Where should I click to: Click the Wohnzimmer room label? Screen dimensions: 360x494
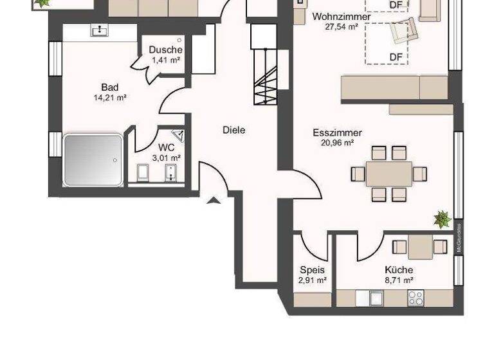[341, 17]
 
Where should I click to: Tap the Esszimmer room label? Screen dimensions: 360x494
[337, 133]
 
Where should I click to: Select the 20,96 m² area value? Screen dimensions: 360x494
[337, 143]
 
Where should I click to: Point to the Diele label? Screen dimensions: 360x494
[233, 130]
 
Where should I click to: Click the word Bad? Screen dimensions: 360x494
[109, 87]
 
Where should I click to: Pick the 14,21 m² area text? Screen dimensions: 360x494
[109, 98]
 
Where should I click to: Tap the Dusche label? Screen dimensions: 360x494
[165, 50]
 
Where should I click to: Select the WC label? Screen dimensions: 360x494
[166, 147]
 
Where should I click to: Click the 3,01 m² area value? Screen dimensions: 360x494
[166, 157]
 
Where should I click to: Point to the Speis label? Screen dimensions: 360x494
[312, 270]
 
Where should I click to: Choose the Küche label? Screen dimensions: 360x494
[399, 270]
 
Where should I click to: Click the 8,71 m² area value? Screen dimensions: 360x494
[399, 280]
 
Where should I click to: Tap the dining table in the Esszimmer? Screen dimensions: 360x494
[389, 174]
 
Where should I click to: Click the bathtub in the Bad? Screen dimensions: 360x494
[93, 160]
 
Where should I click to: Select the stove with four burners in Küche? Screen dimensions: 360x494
[416, 298]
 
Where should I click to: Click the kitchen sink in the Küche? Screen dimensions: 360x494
[376, 298]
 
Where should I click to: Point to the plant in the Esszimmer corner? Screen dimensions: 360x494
[443, 219]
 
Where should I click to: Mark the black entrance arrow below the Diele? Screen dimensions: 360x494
[214, 201]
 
